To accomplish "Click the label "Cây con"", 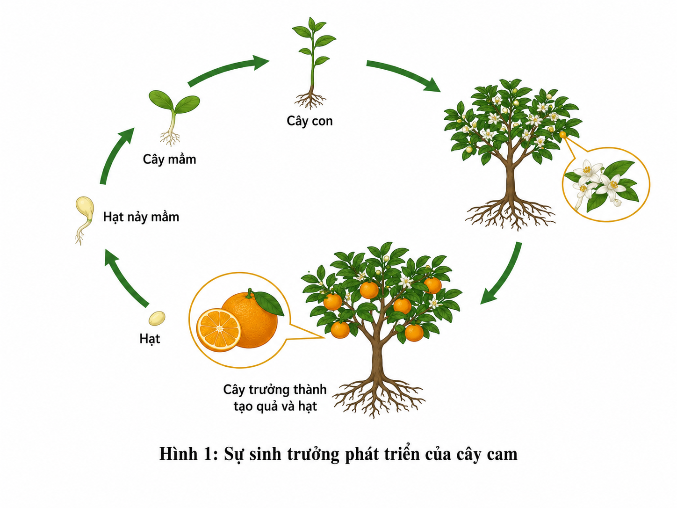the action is click(x=310, y=121).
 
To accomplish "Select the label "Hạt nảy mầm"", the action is click(x=141, y=217).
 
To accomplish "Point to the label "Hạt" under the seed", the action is click(x=150, y=339).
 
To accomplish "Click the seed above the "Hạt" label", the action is click(x=157, y=318).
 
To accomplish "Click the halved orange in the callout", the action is click(x=219, y=330).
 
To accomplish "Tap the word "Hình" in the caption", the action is click(x=178, y=454).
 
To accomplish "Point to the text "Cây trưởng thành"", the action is click(x=275, y=390).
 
